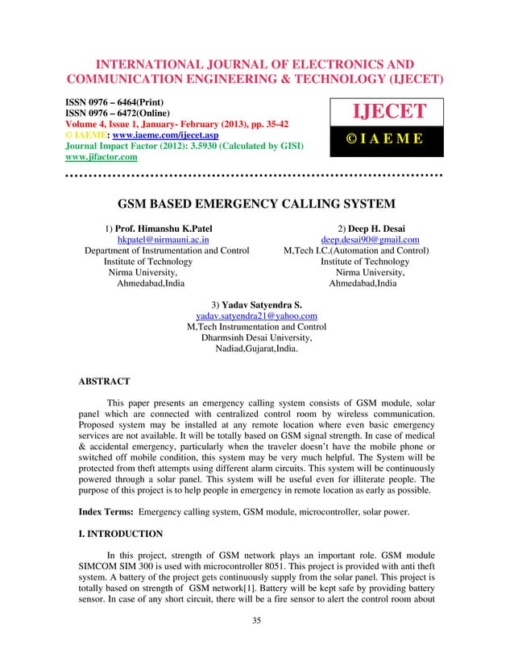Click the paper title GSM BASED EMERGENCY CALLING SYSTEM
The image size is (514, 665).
256,204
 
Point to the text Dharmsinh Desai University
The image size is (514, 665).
256,339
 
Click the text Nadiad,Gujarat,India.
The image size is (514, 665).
256,350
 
